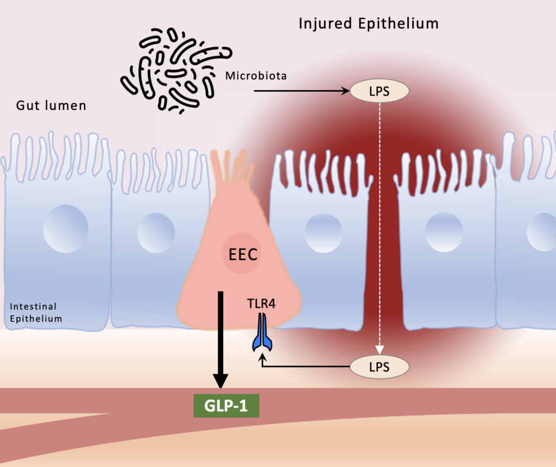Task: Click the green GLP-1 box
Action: [226, 406]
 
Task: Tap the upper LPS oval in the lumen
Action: [379, 91]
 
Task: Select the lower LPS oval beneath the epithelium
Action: [379, 367]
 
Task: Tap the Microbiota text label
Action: [255, 75]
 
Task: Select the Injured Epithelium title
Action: [368, 24]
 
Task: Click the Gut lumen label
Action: [50, 105]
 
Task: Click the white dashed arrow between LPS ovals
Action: [380, 228]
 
